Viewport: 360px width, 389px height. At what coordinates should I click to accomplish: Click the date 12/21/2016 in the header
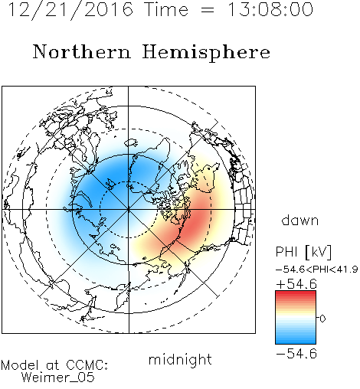point(70,10)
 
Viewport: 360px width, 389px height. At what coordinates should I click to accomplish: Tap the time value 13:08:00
point(270,10)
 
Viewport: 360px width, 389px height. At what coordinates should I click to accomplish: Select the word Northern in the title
point(82,52)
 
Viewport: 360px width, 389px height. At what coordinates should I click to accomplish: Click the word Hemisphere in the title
point(206,52)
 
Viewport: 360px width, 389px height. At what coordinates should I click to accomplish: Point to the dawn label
point(299,220)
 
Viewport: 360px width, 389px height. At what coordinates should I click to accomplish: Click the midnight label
point(180,359)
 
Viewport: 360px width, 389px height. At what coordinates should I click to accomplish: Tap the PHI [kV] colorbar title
point(303,252)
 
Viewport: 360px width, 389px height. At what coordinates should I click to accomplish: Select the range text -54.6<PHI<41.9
point(317,270)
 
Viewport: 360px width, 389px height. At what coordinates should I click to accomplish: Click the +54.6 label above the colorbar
point(296,284)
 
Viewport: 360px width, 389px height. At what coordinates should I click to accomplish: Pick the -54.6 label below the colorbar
point(296,354)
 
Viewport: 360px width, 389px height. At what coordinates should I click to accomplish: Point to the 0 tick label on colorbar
point(322,319)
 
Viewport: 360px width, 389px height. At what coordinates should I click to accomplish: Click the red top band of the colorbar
point(296,293)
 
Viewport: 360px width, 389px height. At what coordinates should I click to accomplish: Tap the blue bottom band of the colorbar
point(296,342)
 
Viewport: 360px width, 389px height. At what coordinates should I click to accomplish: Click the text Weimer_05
point(58,378)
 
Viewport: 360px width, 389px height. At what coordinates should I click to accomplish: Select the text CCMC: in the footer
point(87,365)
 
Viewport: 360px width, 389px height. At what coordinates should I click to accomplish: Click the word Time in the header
point(166,10)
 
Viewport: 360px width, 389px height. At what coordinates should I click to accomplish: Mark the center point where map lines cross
point(129,210)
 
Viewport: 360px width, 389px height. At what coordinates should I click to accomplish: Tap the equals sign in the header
point(208,10)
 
